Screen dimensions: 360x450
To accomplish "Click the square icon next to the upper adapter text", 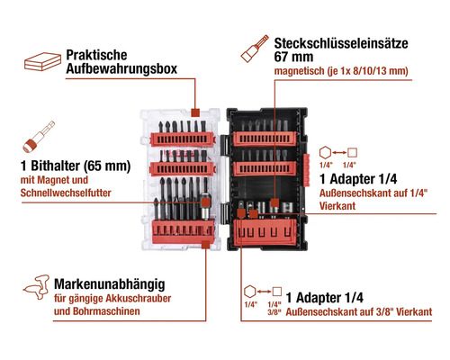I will tap(354, 153).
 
